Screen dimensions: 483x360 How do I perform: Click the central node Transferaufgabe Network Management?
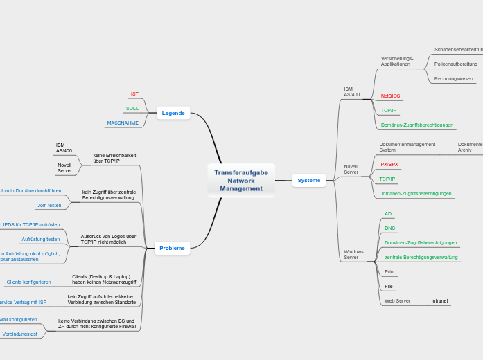241,180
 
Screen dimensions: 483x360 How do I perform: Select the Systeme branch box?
308,181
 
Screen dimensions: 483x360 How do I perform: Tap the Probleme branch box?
172,248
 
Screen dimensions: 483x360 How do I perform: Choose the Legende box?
173,113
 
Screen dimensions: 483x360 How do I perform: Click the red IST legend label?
134,93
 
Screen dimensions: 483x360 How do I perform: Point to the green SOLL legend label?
132,108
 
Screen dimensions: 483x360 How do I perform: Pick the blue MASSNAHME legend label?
123,123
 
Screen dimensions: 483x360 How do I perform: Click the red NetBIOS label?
390,96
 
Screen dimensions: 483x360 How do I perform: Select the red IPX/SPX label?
389,164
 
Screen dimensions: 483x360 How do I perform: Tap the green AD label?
388,213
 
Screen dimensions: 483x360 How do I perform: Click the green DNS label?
389,228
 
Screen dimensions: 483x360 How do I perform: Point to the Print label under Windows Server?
389,271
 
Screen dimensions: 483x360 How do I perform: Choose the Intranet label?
439,300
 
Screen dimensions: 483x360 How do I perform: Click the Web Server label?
397,300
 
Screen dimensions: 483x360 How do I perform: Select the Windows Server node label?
353,254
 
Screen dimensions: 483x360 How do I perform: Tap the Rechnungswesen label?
453,78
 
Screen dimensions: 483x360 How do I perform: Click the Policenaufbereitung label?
455,64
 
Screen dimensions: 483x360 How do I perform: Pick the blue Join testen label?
49,205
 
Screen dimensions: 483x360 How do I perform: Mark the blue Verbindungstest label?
20,334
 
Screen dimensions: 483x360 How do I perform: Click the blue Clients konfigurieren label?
28,282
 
